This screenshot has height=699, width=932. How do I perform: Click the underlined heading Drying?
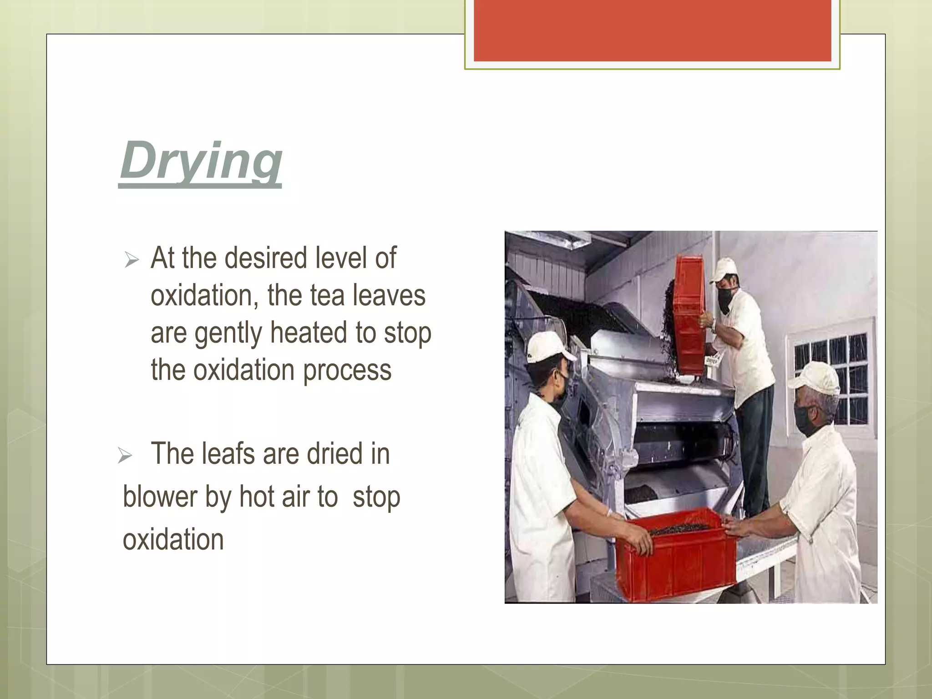pos(200,162)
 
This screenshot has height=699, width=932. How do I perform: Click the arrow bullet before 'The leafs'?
pos(124,455)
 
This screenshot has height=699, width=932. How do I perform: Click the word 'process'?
pos(347,370)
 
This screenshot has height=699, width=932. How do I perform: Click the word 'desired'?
pos(266,258)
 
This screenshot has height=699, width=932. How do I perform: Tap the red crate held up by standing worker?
pos(689,314)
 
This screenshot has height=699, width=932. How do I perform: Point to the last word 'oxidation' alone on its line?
pos(173,540)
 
